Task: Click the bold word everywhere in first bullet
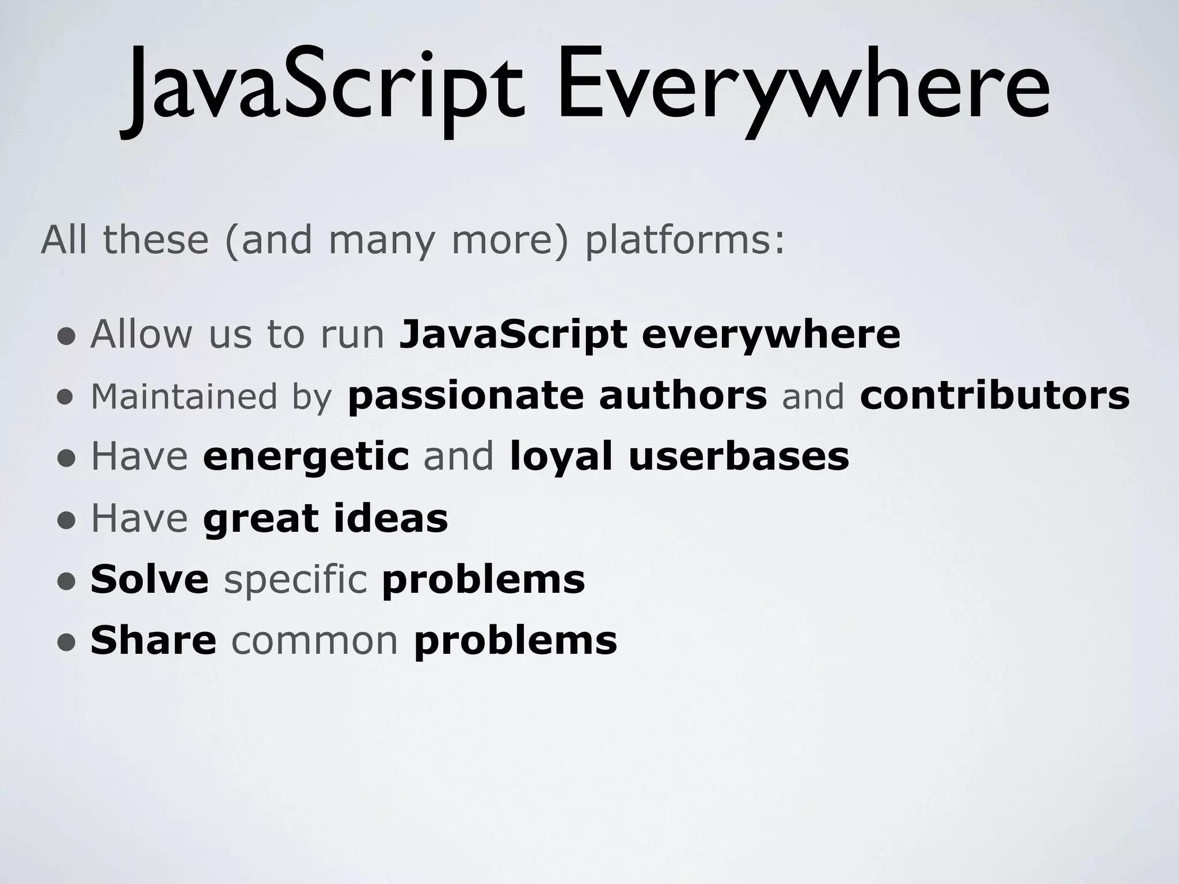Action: click(771, 335)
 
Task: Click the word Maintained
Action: click(184, 397)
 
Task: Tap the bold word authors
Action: click(683, 397)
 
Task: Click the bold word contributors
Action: click(995, 397)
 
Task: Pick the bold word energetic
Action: click(306, 458)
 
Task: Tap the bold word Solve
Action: click(150, 580)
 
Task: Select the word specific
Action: click(295, 581)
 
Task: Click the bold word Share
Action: click(153, 641)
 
